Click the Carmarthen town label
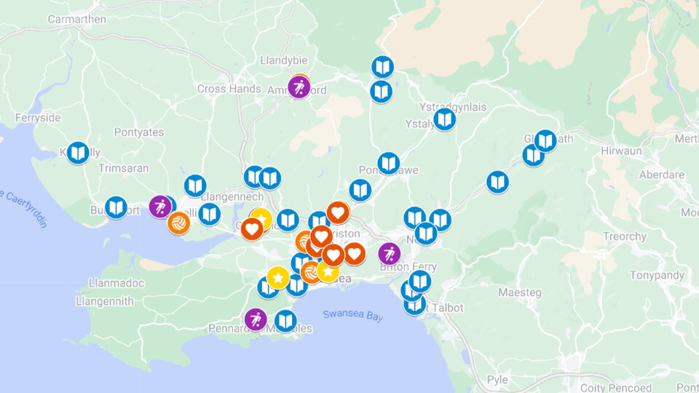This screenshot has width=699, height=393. (x=76, y=19)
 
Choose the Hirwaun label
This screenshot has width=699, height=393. (x=622, y=151)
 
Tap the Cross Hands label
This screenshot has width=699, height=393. (x=229, y=89)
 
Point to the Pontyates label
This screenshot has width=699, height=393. (x=139, y=132)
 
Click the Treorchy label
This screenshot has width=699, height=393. (x=625, y=237)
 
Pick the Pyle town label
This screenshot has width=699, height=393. (x=497, y=380)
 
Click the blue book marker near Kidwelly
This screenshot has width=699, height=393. (x=78, y=153)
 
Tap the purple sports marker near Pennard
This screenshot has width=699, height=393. (x=256, y=319)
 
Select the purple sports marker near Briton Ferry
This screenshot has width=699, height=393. (x=390, y=253)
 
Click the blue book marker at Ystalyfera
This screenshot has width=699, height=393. (x=444, y=119)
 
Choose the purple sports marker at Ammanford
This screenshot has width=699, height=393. (x=299, y=87)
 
